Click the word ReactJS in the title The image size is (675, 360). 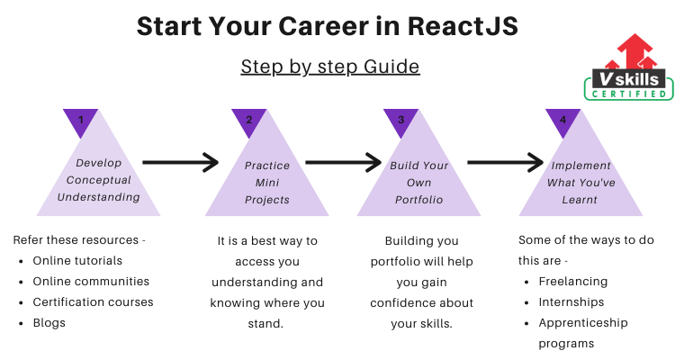point(463,26)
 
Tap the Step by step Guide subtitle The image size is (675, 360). point(330,67)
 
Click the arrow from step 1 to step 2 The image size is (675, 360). point(181,162)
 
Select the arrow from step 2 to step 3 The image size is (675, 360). point(344,162)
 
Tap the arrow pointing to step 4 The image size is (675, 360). point(506,162)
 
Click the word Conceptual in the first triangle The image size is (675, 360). point(99,180)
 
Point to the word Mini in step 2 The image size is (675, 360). point(267,183)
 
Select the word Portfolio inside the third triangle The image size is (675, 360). point(418,200)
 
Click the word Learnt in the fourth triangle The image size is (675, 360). point(580,200)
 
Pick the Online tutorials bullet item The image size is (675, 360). point(77,260)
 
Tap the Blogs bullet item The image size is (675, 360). point(49,323)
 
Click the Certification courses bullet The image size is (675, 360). point(93,302)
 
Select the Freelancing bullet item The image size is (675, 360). point(573,282)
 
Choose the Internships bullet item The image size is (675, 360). point(571,302)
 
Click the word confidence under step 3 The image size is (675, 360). point(402,303)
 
